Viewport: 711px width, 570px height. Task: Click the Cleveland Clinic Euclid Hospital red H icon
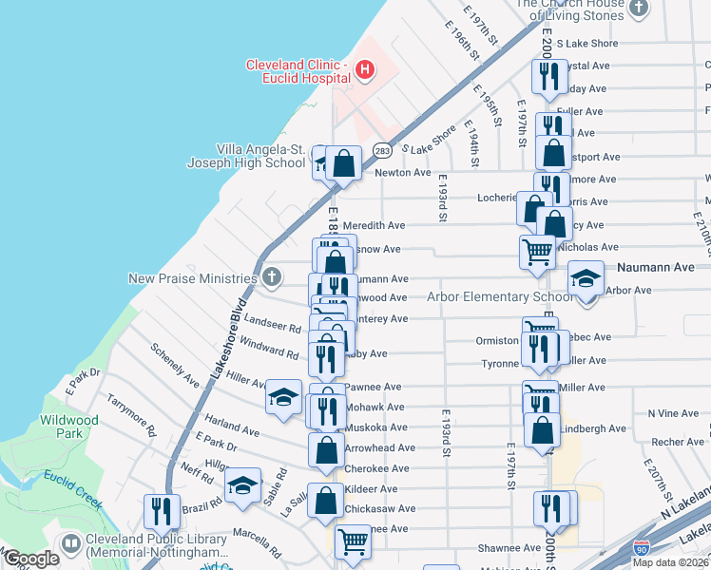[x=364, y=69]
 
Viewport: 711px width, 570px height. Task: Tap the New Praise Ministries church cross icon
[x=272, y=278]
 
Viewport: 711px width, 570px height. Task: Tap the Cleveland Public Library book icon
[x=70, y=543]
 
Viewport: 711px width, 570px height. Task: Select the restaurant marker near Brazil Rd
[x=162, y=510]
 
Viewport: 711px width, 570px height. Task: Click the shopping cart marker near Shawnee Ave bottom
[x=353, y=541]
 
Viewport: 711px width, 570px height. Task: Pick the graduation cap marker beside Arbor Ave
[x=586, y=277]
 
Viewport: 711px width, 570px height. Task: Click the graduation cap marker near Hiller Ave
[x=282, y=396]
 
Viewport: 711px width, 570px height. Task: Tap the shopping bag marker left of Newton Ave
[x=344, y=162]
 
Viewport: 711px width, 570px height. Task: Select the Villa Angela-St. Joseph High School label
[x=259, y=156]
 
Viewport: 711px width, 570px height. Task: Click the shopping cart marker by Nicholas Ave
[x=537, y=251]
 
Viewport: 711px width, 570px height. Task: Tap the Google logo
[x=30, y=559]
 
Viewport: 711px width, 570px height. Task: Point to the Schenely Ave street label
[x=174, y=365]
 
